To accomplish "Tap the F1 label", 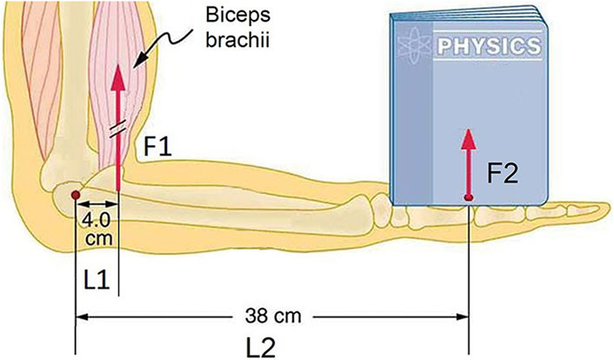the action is pyautogui.click(x=160, y=149).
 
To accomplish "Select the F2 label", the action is pyautogui.click(x=504, y=174).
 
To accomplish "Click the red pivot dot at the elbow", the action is pyautogui.click(x=76, y=194).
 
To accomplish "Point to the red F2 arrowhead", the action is pyautogui.click(x=468, y=137).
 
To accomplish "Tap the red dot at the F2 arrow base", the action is pyautogui.click(x=468, y=198).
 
